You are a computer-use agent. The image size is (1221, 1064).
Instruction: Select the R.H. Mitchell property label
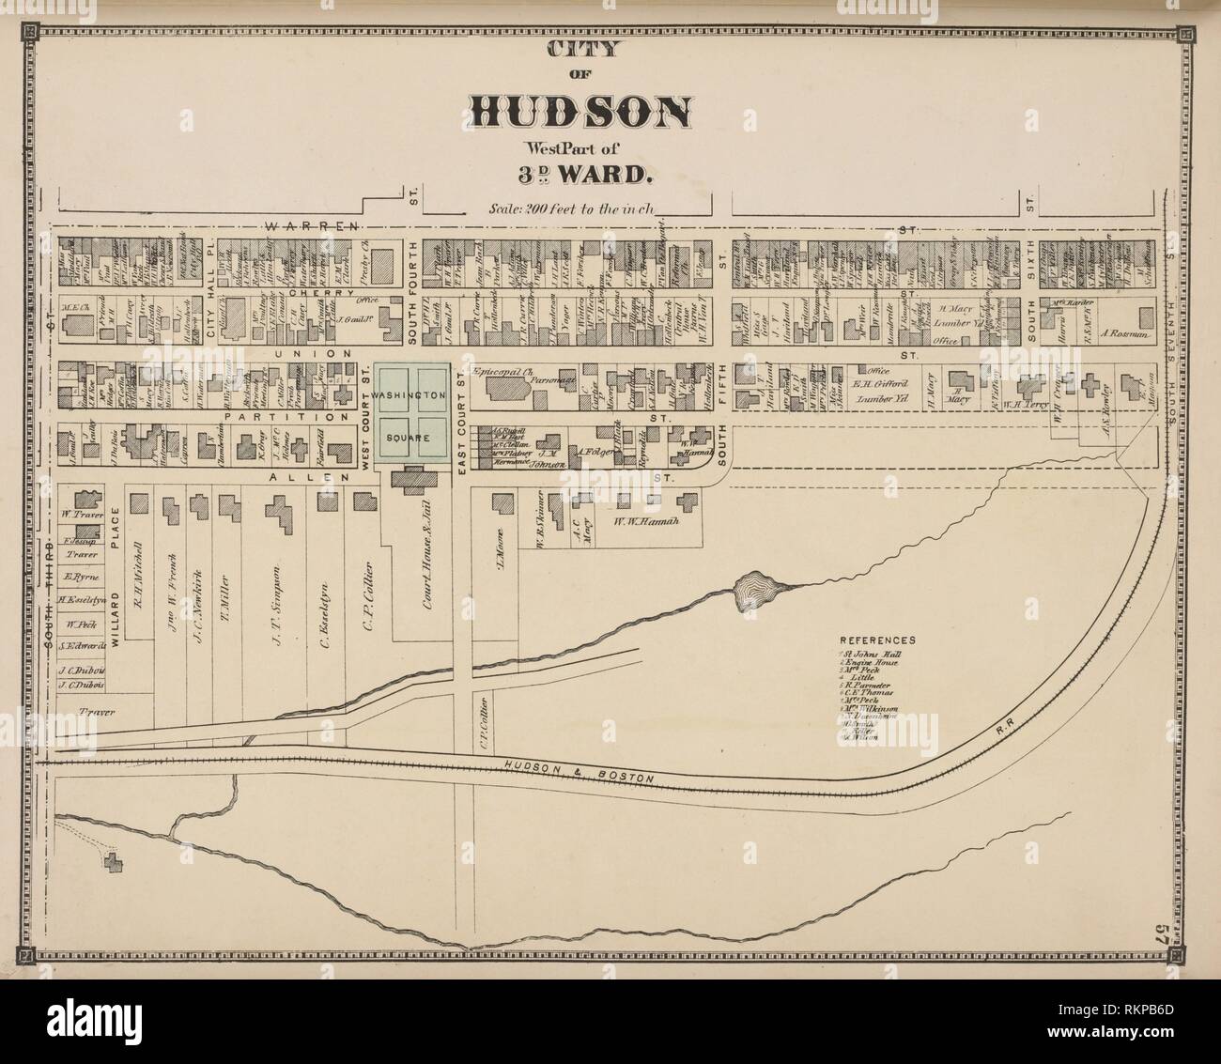(x=137, y=575)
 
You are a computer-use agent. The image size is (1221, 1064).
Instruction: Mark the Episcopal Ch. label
(x=506, y=371)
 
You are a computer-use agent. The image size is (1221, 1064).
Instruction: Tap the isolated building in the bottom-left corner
(x=115, y=863)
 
